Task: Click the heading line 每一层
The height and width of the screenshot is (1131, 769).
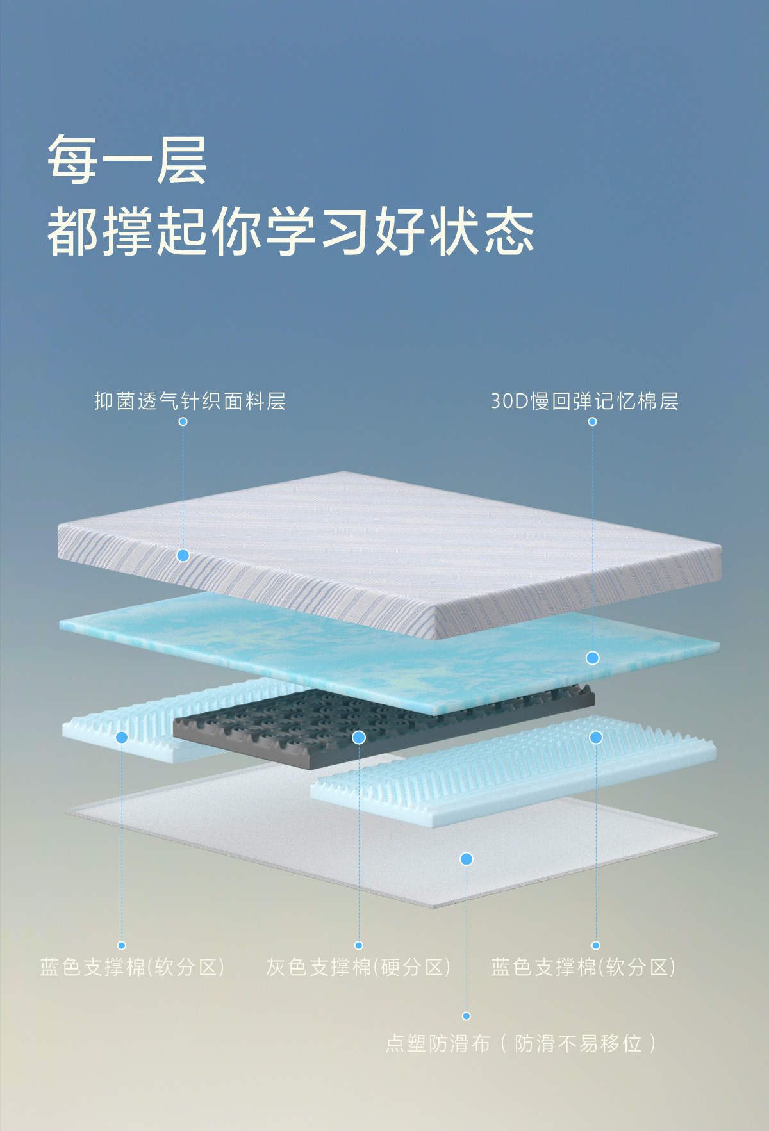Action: (127, 159)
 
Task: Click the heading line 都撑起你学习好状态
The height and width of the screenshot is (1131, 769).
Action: (290, 231)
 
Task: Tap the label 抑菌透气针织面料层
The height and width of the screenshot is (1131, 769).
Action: (190, 402)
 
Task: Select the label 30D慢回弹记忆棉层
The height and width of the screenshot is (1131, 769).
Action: (584, 402)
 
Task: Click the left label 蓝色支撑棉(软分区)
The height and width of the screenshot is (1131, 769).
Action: (132, 966)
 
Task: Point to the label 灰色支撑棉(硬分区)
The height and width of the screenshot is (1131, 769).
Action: (358, 966)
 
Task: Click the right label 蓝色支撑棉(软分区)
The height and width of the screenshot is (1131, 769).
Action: (583, 966)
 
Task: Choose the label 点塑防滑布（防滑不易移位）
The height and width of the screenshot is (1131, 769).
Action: (522, 1043)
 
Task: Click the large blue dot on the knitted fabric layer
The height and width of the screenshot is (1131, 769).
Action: (183, 555)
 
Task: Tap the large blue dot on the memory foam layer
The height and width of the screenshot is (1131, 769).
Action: (593, 658)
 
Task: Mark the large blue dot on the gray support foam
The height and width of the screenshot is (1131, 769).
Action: (359, 737)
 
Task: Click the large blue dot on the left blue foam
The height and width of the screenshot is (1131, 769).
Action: (122, 737)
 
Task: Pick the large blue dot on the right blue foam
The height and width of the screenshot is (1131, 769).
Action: (596, 737)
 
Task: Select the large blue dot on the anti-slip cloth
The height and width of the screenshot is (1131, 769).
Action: (467, 859)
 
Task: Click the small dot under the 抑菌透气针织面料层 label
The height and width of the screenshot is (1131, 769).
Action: (183, 421)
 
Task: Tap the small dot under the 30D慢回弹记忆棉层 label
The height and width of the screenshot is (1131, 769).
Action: (593, 421)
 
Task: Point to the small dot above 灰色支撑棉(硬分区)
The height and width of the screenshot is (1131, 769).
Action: (359, 945)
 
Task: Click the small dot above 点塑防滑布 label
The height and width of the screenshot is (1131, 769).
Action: (467, 1016)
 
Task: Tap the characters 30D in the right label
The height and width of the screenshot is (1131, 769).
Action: (508, 402)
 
